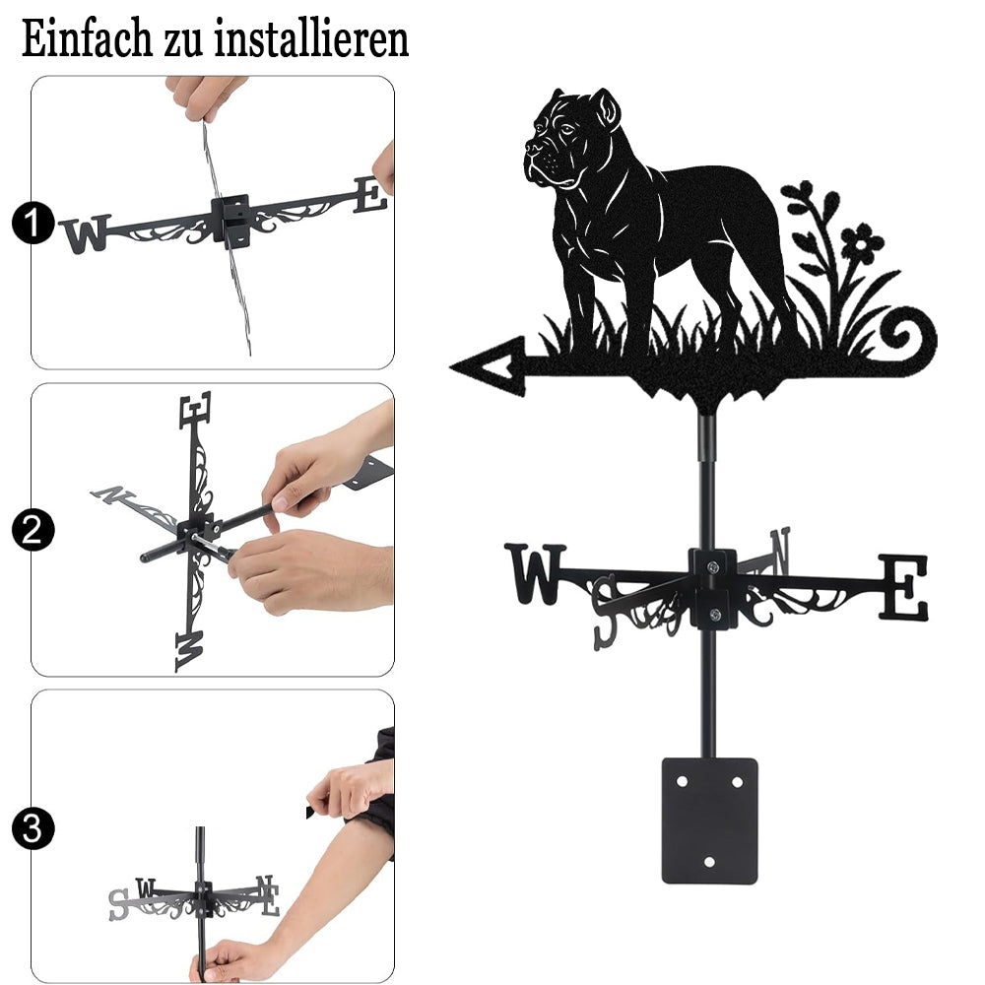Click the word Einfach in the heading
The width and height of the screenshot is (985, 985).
coord(87,38)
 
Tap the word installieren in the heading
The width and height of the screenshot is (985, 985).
coord(311,38)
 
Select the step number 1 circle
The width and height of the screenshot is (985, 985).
coord(33,223)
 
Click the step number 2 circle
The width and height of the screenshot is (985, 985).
coord(33,530)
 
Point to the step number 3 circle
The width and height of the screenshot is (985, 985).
coord(33,829)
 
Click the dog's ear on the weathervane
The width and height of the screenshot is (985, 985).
coord(606,110)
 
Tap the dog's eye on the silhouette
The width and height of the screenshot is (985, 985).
coord(566,129)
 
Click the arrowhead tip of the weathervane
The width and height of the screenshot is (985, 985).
coord(452,366)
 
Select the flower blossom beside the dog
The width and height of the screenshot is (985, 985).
coord(862,242)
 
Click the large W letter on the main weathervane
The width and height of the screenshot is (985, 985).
coord(535,573)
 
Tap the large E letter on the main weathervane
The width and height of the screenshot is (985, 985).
coord(903,587)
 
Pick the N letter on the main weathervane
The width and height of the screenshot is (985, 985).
coord(780,551)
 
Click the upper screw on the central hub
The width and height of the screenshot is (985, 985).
coord(712,568)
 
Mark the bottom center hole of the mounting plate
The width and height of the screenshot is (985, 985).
coord(709,862)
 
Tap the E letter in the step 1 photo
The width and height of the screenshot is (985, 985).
coord(370,194)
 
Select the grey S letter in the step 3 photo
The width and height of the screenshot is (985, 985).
coord(119,904)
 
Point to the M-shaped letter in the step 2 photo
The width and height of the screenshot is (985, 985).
coord(190,651)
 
